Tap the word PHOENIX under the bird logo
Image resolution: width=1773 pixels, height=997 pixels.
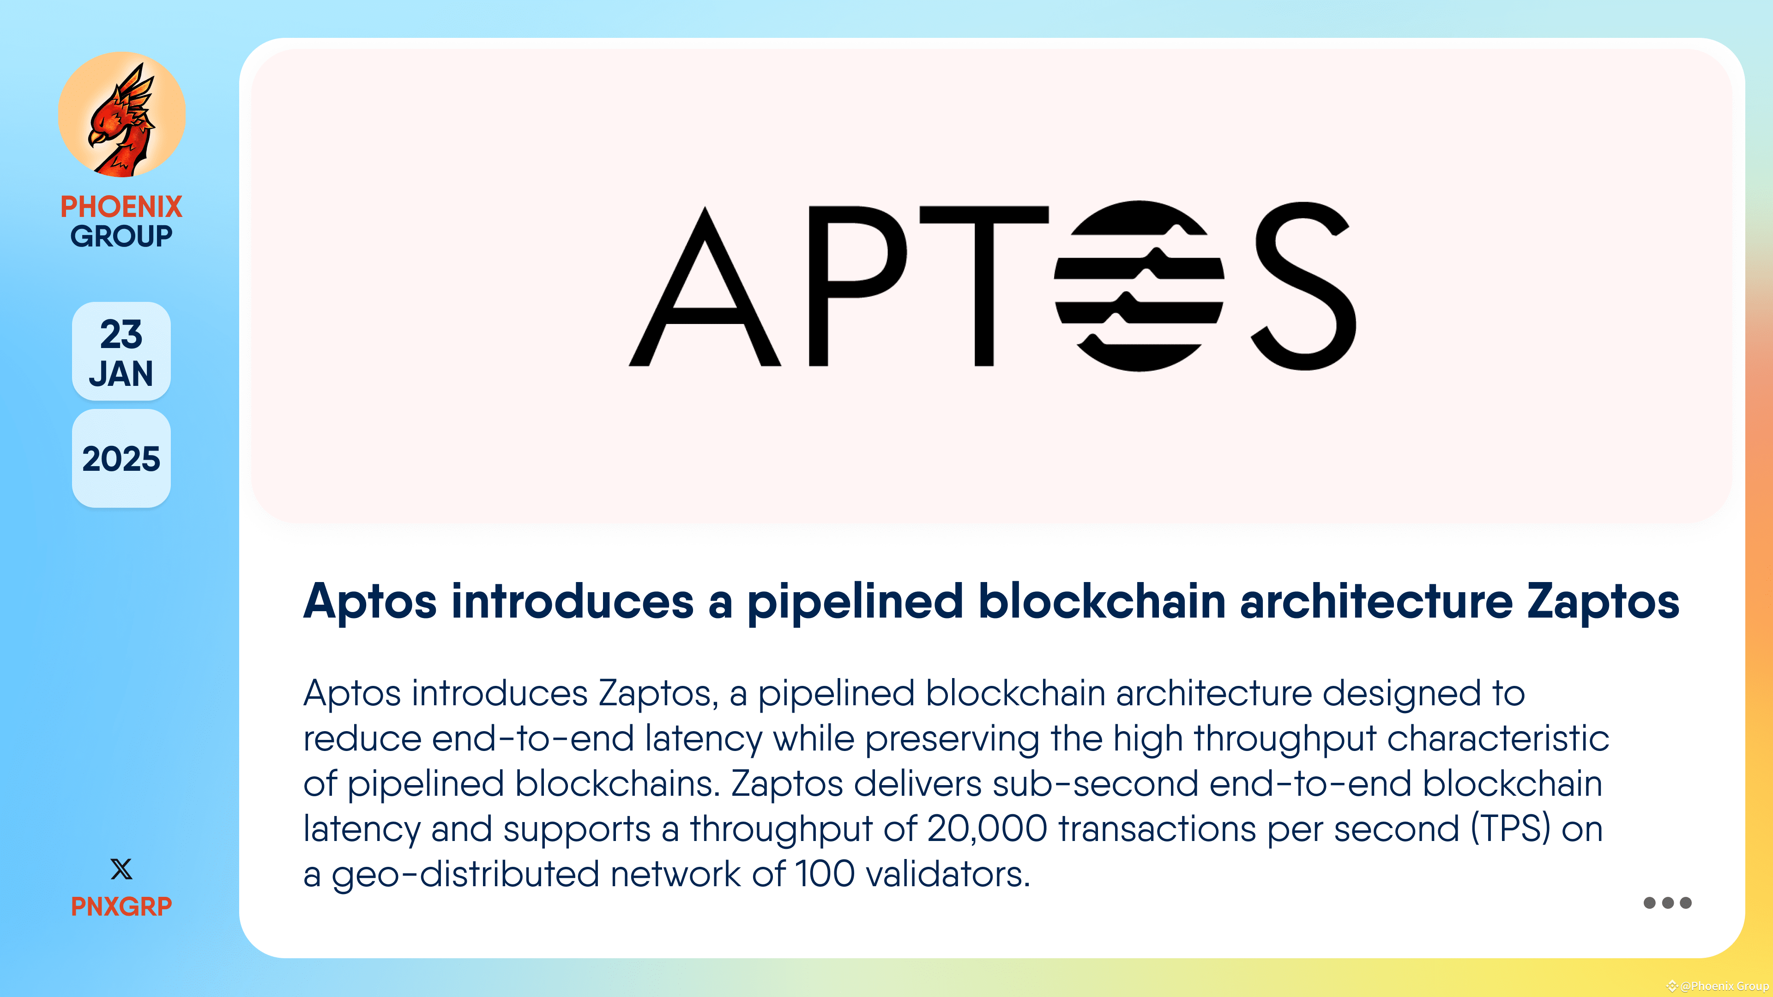(121, 206)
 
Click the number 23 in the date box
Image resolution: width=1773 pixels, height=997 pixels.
(121, 334)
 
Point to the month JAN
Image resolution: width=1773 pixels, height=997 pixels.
(121, 373)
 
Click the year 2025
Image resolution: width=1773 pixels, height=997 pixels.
(121, 459)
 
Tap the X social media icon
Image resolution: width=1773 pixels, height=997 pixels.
(121, 869)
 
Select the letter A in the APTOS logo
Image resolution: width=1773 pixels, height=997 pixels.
(704, 289)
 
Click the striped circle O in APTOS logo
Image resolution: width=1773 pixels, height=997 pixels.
(1139, 286)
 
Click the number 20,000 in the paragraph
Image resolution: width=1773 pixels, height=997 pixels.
(987, 829)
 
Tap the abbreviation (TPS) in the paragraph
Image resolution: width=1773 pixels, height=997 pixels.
(1510, 829)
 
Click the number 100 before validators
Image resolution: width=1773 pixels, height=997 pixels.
(824, 875)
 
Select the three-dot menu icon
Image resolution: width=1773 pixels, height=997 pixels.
(1667, 903)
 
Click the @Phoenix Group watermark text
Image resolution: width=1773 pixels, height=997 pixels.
(1724, 986)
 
